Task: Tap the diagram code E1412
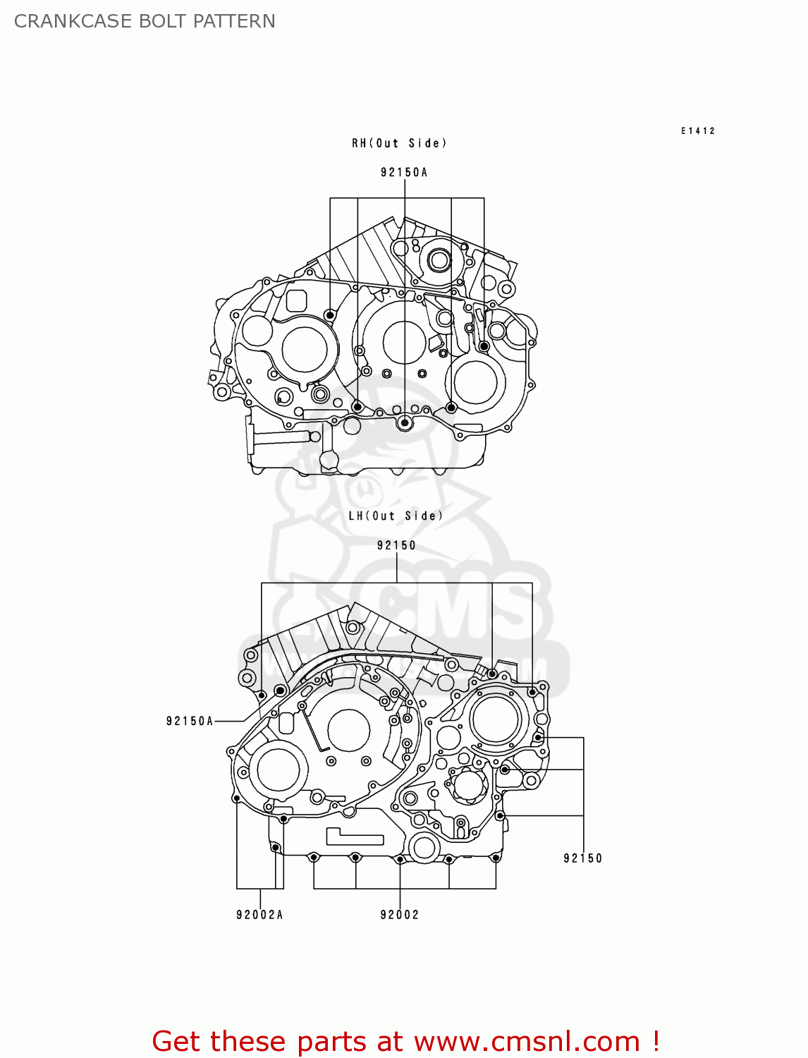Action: point(697,130)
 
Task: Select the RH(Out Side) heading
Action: point(399,143)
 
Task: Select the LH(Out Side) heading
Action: point(396,516)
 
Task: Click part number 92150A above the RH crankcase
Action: point(404,172)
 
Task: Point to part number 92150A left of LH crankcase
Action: point(189,721)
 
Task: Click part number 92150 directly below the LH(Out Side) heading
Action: point(396,545)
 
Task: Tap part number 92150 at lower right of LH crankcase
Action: point(582,858)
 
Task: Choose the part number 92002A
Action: point(259,915)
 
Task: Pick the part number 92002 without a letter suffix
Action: point(399,915)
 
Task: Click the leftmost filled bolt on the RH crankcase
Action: point(330,314)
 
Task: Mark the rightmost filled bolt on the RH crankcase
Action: point(484,346)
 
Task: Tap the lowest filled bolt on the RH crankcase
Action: point(405,422)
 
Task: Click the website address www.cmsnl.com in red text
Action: point(526,1041)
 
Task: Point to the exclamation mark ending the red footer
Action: point(656,1041)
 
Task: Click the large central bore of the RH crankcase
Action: point(404,342)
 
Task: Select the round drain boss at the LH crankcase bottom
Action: point(424,847)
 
